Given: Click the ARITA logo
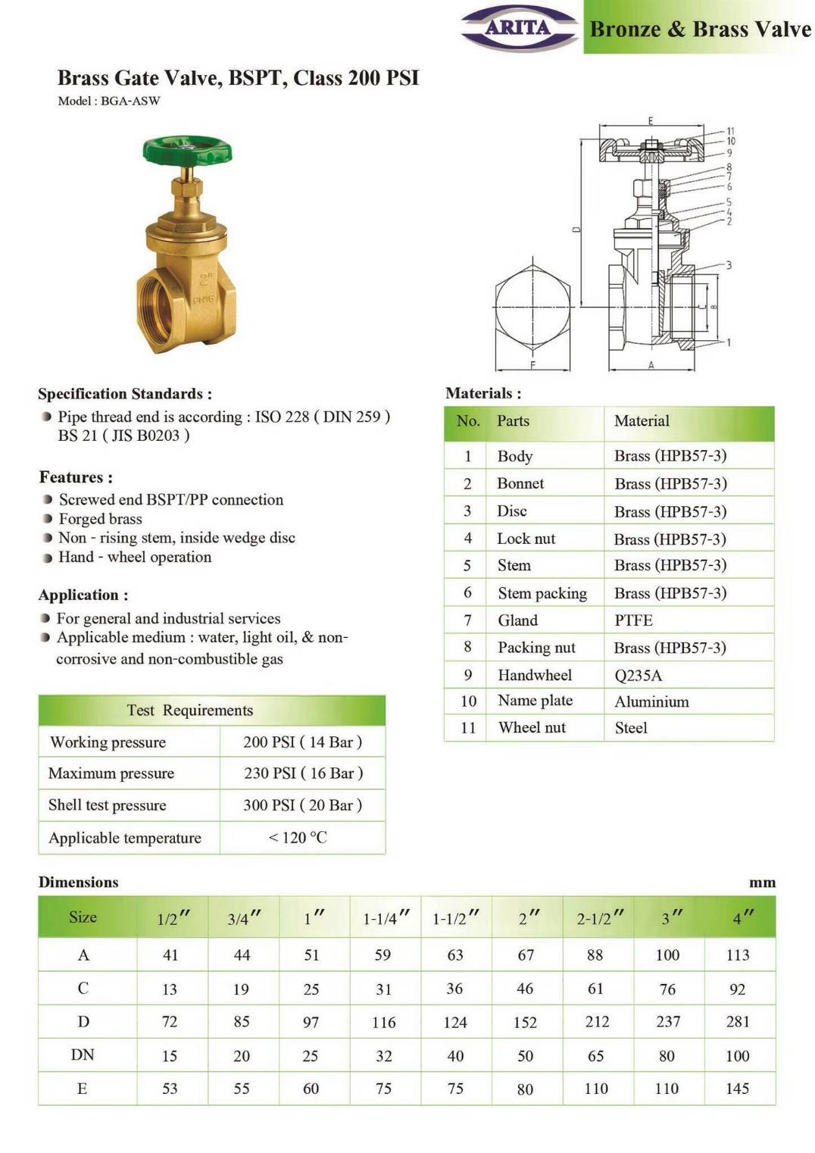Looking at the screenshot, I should coord(519,28).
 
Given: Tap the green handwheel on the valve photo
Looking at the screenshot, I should coord(187,149).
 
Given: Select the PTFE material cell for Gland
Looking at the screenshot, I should coord(633,620).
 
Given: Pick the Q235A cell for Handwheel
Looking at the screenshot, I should coord(638,675).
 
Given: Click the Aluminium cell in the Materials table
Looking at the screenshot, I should coord(651,701).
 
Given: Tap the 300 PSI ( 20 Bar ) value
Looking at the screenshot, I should coord(302,805).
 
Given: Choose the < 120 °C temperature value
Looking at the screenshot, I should coord(298,837).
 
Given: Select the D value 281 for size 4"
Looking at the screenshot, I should coord(738,1021).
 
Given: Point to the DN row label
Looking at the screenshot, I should coord(83,1055).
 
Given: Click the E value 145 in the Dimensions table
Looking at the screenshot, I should coord(738,1089).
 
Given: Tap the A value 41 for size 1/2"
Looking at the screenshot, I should coord(170,955).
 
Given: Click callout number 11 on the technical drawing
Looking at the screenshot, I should coord(730,131).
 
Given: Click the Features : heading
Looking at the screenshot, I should coord(76,477).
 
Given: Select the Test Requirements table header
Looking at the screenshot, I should coord(189,710).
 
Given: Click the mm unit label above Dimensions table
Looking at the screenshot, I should coord(762,883).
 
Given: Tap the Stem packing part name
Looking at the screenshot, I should coord(542,593).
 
